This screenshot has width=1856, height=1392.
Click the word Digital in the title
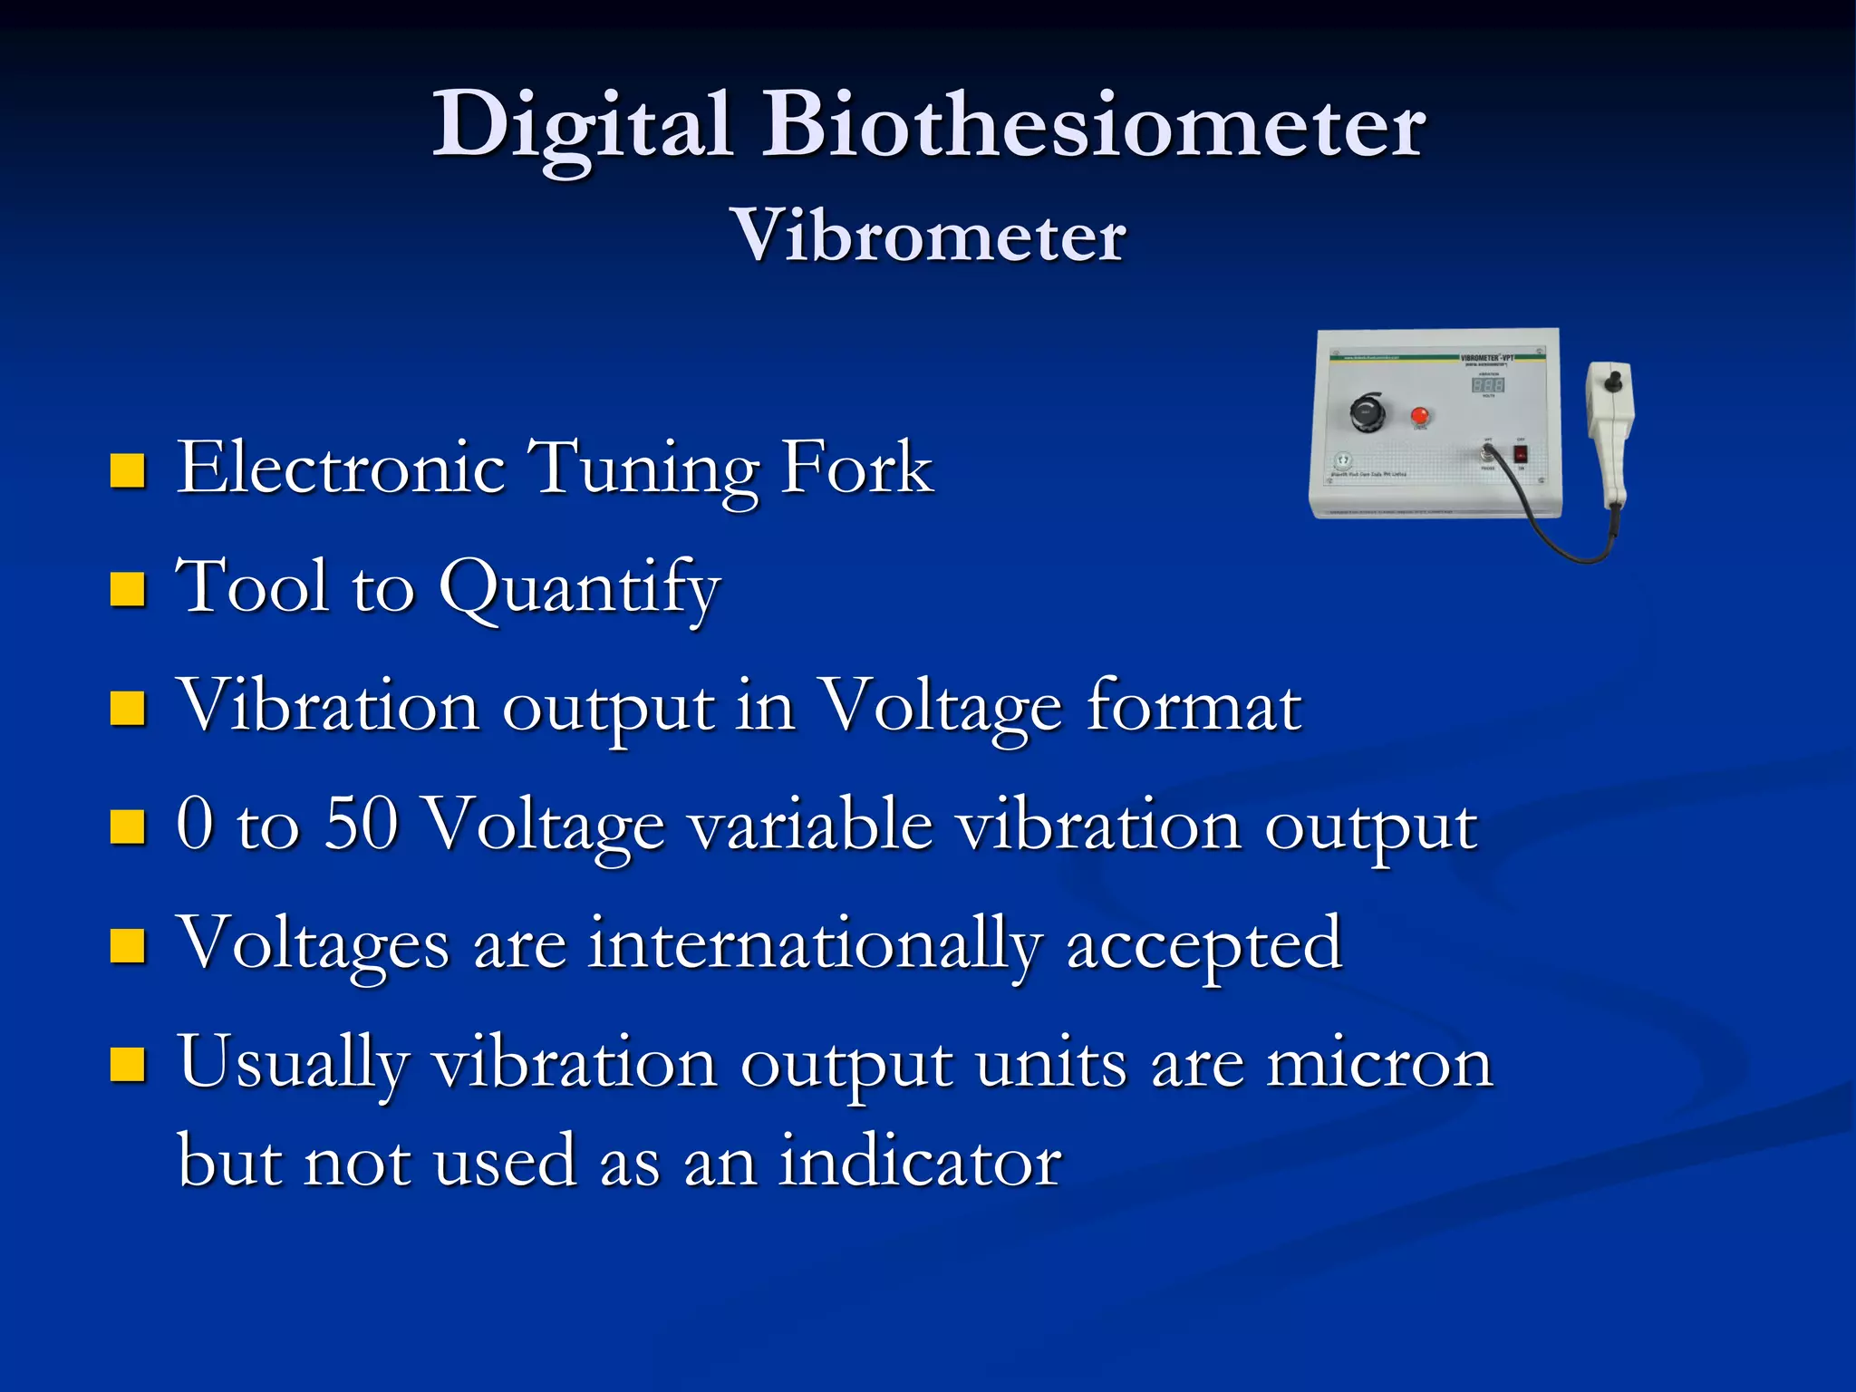point(580,127)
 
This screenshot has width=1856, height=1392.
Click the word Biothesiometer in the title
point(1092,127)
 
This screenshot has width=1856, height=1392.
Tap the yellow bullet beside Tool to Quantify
point(128,589)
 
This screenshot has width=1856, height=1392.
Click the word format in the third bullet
point(1194,707)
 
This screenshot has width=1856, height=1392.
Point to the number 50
point(361,825)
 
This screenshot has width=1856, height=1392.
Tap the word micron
point(1379,1065)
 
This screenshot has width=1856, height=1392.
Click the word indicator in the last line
point(920,1162)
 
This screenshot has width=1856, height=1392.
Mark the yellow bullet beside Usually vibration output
point(128,1066)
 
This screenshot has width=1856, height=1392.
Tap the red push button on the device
point(1420,416)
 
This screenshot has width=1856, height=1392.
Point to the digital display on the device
point(1488,385)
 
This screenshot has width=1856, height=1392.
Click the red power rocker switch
point(1521,454)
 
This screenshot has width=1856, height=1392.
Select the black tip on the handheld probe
point(1611,381)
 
